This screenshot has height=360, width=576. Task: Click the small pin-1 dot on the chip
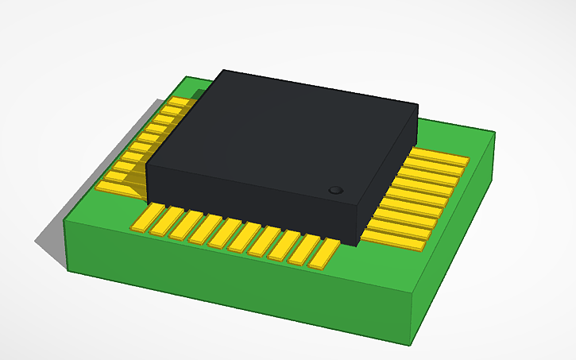[x=335, y=191]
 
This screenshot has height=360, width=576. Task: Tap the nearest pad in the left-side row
[x=114, y=188]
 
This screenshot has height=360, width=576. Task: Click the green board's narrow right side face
[x=456, y=238]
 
